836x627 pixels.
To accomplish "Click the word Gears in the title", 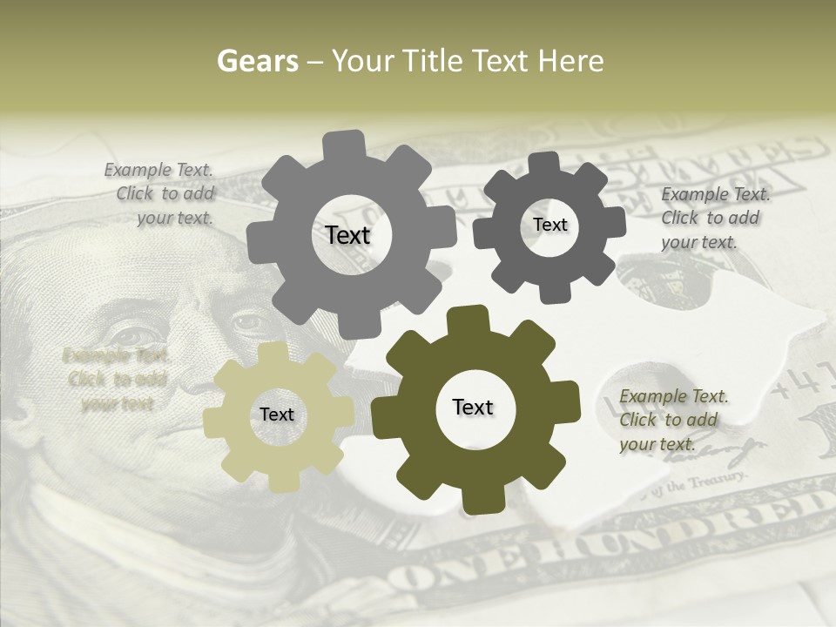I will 258,61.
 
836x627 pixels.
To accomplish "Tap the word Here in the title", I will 570,61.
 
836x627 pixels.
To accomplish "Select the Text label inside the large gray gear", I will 347,235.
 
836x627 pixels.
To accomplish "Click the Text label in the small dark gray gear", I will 549,225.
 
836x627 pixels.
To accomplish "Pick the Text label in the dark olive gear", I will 473,407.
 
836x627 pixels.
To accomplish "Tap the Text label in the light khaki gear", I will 277,415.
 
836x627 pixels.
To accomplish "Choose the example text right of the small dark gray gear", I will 713,218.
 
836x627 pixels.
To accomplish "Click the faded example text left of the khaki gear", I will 116,379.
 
